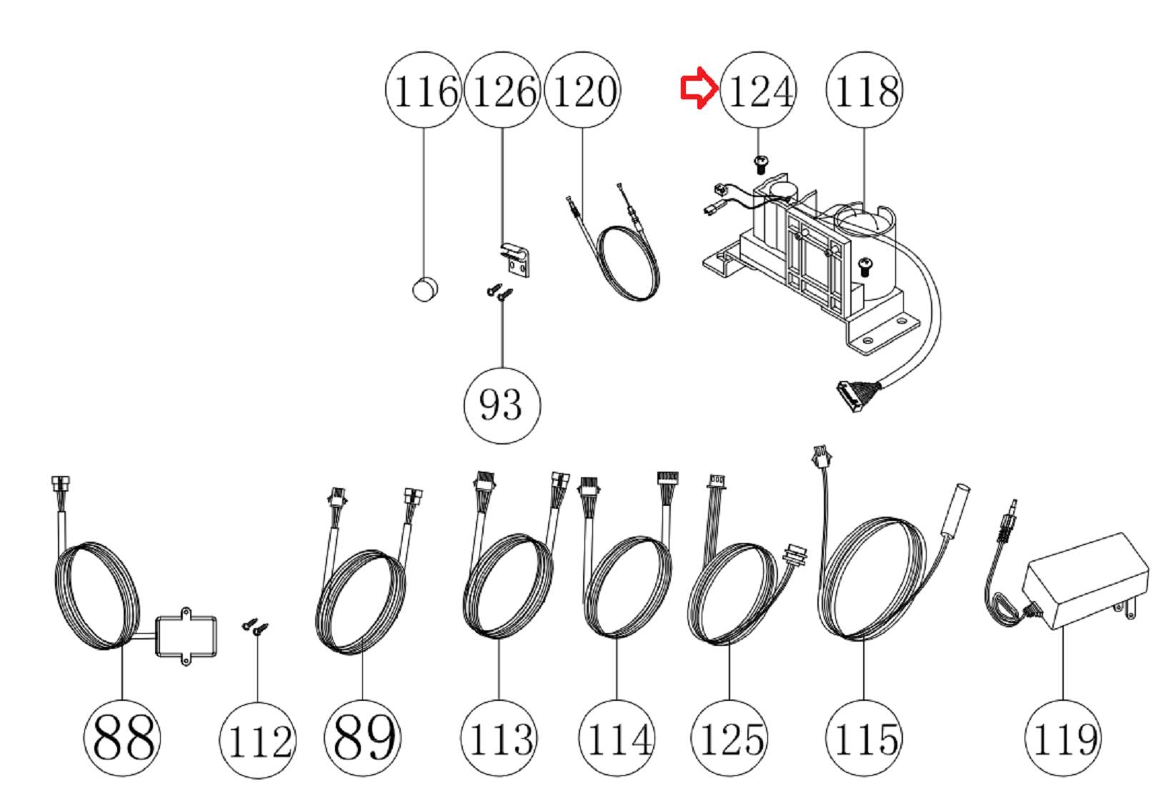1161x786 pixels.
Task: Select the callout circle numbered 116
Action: pos(423,91)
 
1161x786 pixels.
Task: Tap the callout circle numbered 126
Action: pos(502,91)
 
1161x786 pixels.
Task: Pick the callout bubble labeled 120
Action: pos(582,91)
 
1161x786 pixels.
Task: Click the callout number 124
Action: pos(758,91)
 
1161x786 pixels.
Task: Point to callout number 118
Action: pos(864,91)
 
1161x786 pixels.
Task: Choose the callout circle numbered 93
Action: pos(502,405)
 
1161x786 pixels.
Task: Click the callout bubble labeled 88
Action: pos(122,737)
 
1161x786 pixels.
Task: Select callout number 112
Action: pos(257,740)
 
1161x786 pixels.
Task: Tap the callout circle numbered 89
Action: pos(362,737)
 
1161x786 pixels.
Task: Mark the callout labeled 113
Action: pos(499,737)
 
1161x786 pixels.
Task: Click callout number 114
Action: pos(617,737)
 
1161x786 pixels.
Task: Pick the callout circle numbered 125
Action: pos(729,737)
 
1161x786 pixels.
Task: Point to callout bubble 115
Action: pos(863,737)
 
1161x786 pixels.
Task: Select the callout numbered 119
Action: pos(1062,737)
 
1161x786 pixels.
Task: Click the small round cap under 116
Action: pos(425,289)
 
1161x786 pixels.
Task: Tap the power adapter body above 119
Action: pos(1085,579)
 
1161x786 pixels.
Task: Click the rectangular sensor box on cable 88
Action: pos(186,635)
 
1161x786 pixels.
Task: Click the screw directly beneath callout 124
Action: pos(761,165)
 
